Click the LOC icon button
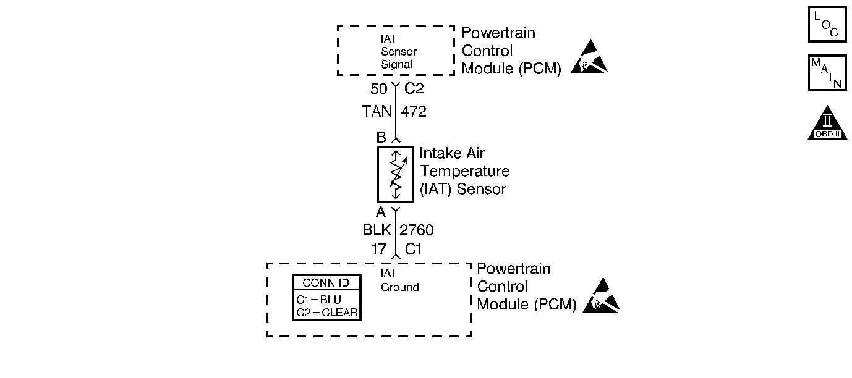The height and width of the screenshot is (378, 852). point(827,24)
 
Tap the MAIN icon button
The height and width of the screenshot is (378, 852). point(827,73)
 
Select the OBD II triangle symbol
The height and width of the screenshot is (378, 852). point(827,124)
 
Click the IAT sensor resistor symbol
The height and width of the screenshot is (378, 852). point(395,174)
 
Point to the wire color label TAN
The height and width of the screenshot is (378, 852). point(377,112)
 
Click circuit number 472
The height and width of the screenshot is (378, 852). point(414,112)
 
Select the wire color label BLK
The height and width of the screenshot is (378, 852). point(377,230)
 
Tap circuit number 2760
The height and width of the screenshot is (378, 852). point(417,230)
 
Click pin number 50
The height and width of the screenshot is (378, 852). point(378,90)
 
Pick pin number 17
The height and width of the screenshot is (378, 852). point(379,249)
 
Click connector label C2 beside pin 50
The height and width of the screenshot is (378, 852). point(414,90)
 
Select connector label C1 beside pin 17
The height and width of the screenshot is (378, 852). point(413,249)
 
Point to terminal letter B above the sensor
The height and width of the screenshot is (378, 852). point(381,138)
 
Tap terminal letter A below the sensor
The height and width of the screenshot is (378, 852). point(381,212)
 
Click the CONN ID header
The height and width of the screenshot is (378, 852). point(326,283)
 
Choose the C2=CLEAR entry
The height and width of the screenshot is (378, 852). point(326,312)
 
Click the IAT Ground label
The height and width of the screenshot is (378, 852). point(399,280)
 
